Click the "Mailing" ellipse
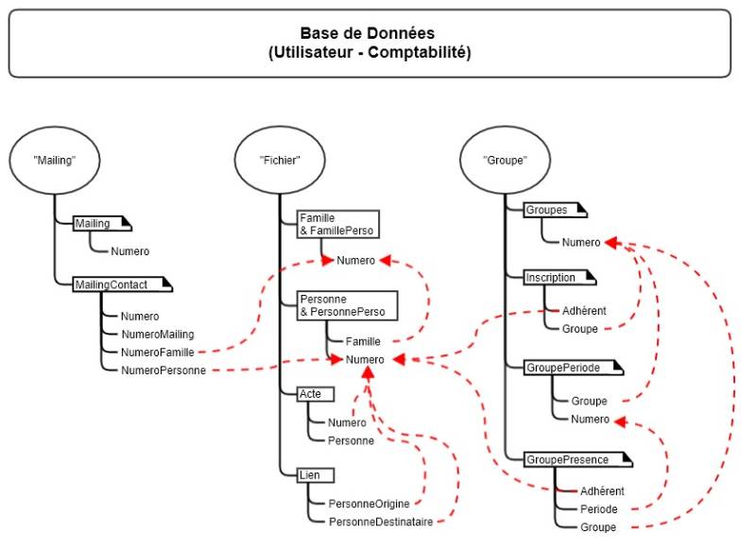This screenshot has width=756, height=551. point(54,161)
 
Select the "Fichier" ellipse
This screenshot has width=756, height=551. point(281,161)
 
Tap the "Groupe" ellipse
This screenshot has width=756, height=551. point(505,161)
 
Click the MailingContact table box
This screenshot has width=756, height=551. point(112,284)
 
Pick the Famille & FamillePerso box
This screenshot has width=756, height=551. point(336,224)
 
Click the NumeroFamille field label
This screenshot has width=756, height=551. point(157,352)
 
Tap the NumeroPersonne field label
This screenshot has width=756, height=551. point(163,370)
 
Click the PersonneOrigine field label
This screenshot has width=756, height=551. point(369,504)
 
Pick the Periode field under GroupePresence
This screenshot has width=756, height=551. point(599,509)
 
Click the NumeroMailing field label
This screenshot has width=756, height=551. point(157,334)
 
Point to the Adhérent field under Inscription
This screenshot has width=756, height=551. point(583,310)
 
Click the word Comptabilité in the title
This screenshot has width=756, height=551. point(420,52)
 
